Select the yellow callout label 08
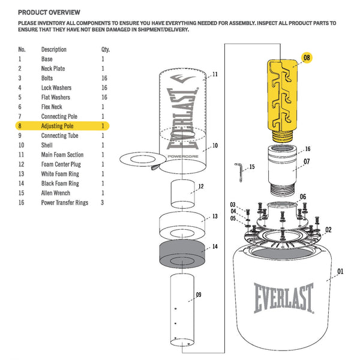pos(307,58)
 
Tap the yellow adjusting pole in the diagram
pos(282,99)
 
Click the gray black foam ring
pos(184,256)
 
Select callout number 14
pos(215,247)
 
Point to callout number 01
pos(340,271)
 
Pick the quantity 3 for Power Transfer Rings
pos(103,203)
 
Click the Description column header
pos(53,49)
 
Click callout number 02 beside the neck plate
pos(328,230)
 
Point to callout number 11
pos(215,74)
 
